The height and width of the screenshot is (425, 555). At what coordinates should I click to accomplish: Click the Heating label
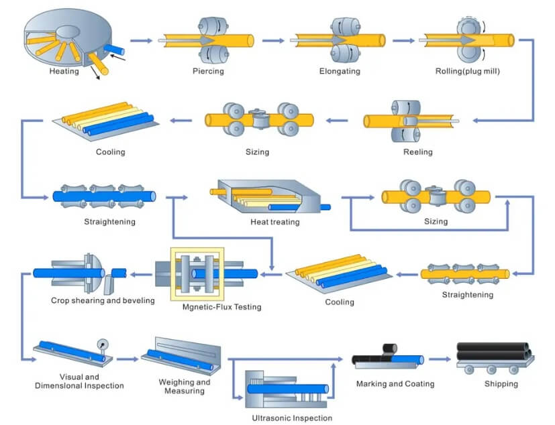pos(64,71)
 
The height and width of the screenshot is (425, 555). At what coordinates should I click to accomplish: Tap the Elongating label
pos(340,71)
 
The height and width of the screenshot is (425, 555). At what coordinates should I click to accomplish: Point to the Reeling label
pos(417,152)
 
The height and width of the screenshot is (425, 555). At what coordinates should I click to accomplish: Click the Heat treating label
pos(274,222)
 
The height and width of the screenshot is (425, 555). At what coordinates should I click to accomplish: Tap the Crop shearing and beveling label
pos(103,300)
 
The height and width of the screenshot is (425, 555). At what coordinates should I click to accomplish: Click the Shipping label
pos(501,384)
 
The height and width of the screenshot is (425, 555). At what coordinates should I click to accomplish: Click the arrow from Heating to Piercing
pos(140,41)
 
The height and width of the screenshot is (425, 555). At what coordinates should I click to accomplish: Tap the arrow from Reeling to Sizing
pos(337,121)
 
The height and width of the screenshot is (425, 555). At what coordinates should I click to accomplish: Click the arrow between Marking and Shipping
pos(440,359)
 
